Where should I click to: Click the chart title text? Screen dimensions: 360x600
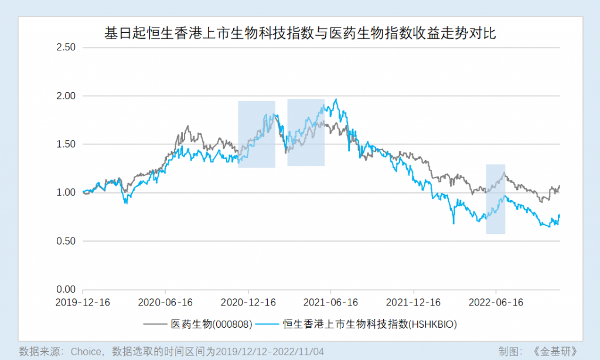300,33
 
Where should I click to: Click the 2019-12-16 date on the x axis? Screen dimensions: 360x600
83,303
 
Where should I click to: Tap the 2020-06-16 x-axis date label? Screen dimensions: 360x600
165,303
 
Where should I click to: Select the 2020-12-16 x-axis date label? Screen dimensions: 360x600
248,303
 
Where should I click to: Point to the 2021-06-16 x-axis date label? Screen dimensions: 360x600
330,303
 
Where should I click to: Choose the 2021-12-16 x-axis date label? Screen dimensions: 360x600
413,303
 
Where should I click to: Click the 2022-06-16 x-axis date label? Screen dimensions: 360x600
496,303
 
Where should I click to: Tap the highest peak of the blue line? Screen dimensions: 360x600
336,99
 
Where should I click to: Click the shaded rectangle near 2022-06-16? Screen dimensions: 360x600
496,199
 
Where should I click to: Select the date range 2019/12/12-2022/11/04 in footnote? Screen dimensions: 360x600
269,351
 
